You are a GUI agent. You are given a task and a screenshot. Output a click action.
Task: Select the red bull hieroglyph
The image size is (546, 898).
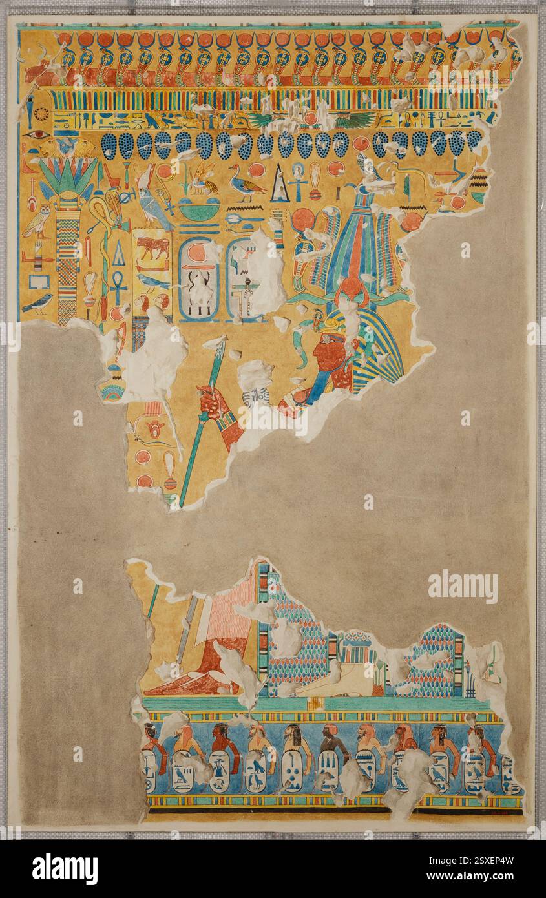pyautogui.click(x=154, y=246)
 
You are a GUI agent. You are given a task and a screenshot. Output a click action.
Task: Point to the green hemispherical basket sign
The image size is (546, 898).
pyautogui.click(x=198, y=211)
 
